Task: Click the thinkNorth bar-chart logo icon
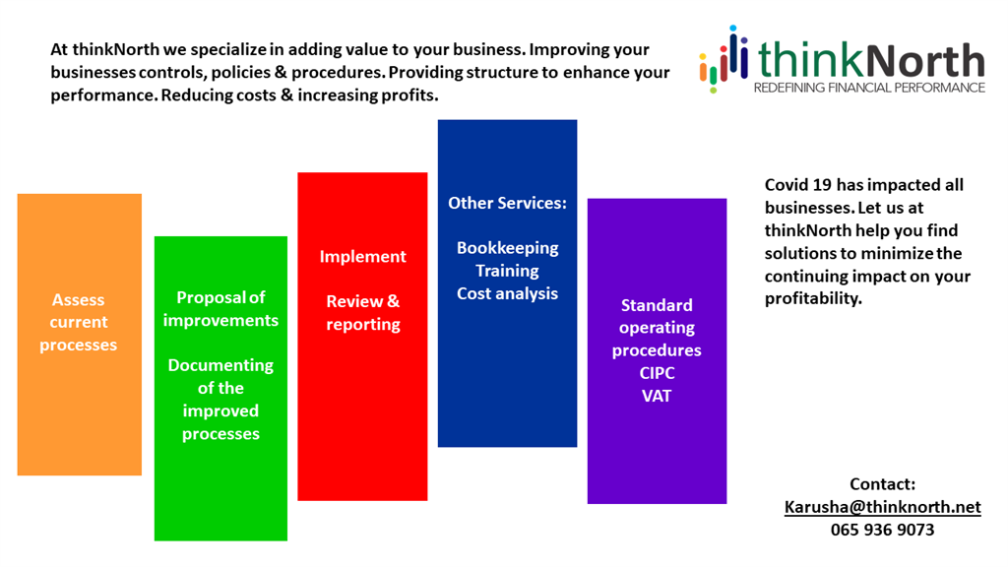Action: (724, 59)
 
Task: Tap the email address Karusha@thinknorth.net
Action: (883, 507)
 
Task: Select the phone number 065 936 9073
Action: (883, 530)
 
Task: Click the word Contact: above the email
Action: (883, 484)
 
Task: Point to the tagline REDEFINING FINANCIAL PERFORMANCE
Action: (869, 88)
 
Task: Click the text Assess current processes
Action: (79, 322)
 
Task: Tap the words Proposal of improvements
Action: (220, 309)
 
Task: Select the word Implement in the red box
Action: (362, 257)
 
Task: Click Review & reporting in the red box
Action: (362, 312)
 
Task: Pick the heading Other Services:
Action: (507, 203)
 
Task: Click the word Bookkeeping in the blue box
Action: (507, 248)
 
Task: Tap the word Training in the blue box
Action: (507, 271)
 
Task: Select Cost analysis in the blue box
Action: (507, 293)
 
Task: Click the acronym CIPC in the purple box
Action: (657, 373)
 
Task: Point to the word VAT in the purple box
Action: (657, 396)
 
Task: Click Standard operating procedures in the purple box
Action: (657, 327)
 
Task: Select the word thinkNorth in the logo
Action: (871, 60)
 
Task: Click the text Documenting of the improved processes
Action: (220, 400)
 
